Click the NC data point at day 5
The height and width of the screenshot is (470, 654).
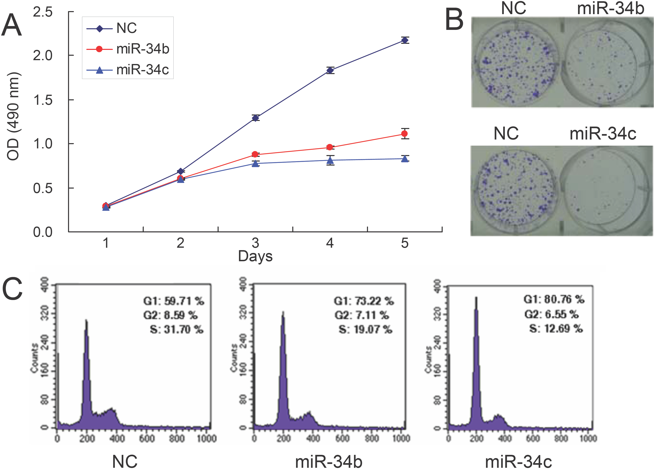405,40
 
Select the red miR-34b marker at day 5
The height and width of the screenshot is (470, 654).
405,133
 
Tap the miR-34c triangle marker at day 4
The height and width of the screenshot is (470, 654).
330,160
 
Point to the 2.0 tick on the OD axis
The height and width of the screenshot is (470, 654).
43,55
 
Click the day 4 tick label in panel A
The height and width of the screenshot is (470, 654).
330,243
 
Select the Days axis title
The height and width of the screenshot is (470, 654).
255,256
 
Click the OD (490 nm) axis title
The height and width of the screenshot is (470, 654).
13,116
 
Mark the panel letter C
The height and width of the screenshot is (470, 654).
12,289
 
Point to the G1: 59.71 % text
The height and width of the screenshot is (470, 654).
174,301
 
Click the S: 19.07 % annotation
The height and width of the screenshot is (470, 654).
365,329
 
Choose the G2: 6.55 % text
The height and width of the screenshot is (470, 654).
551,314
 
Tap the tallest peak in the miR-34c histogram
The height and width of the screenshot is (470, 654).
476,300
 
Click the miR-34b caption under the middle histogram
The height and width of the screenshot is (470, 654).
329,461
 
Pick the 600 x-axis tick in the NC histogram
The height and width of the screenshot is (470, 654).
147,438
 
